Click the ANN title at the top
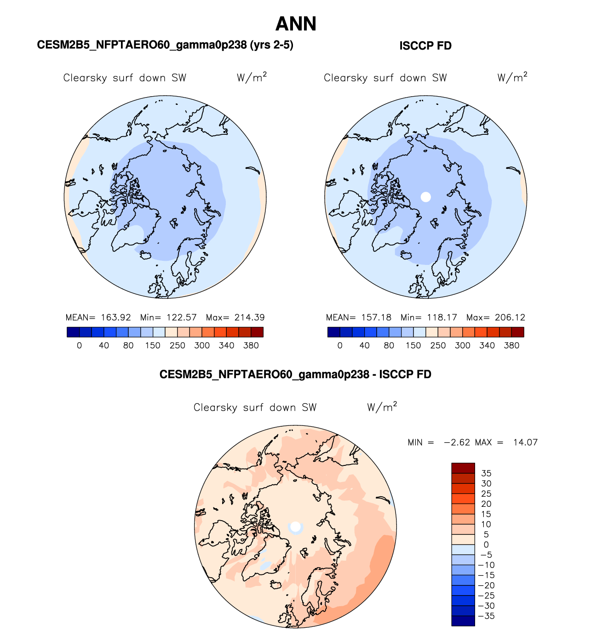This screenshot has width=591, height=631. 296,24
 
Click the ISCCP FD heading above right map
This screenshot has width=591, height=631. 425,46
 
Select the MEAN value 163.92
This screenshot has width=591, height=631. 116,317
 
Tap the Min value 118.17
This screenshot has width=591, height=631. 442,317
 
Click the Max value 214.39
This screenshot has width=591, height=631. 250,317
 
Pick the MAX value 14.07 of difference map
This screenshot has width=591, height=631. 525,442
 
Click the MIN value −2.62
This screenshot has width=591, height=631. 457,442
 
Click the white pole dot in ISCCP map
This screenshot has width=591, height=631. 426,197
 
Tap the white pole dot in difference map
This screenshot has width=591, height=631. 296,526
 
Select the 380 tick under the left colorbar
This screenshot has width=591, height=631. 251,345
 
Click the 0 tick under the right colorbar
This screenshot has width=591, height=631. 340,345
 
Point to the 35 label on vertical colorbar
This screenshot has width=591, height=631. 486,473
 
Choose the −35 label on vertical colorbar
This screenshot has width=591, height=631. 486,616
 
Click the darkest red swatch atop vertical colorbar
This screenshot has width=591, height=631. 463,468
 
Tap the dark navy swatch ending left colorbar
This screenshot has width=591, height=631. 73,332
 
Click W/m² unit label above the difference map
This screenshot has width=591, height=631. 382,407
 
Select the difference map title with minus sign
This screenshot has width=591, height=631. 295,374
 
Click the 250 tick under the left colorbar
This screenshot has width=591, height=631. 178,345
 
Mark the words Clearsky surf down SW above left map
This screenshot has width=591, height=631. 125,78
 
